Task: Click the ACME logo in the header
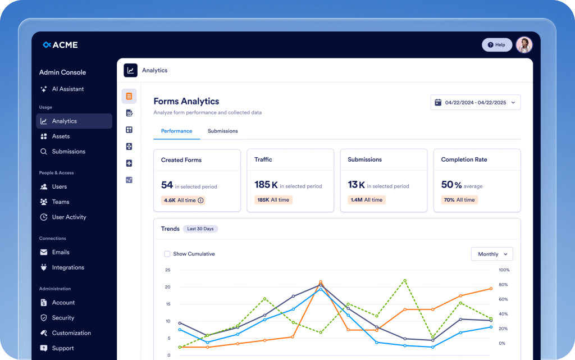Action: click(60, 45)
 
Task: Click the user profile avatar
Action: click(524, 45)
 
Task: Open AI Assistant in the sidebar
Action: click(67, 89)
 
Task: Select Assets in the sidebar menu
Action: click(61, 136)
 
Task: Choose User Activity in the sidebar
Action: click(69, 217)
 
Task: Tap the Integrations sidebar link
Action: click(67, 268)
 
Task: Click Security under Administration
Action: click(63, 318)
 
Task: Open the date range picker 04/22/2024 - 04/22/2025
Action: click(475, 103)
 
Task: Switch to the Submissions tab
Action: click(222, 131)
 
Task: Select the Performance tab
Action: click(176, 131)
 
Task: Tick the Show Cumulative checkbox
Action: click(167, 254)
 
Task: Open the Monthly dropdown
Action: click(491, 254)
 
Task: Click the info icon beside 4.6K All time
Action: click(201, 200)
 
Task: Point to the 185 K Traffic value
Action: click(266, 185)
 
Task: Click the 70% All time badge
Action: click(459, 200)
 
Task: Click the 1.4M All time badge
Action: click(366, 200)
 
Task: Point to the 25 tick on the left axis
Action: click(167, 270)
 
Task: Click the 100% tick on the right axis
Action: click(504, 270)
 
